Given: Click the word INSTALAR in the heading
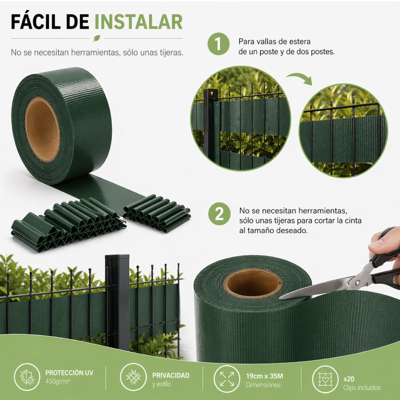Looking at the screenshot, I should (139, 22).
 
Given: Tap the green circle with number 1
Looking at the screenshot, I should (219, 44).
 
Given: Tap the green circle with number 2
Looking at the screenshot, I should (219, 214).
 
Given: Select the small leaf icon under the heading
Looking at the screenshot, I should (96, 38).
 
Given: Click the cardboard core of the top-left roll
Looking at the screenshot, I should (43, 129).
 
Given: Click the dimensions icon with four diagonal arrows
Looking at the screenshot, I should (227, 379).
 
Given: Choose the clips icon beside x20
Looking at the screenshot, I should (325, 379).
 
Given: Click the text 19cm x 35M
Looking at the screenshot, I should (264, 376).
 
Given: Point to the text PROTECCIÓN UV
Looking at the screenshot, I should (69, 373).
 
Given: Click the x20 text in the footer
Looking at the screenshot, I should (349, 379).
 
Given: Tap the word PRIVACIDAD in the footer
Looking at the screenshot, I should (171, 375).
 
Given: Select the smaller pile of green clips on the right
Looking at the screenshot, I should (157, 214).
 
